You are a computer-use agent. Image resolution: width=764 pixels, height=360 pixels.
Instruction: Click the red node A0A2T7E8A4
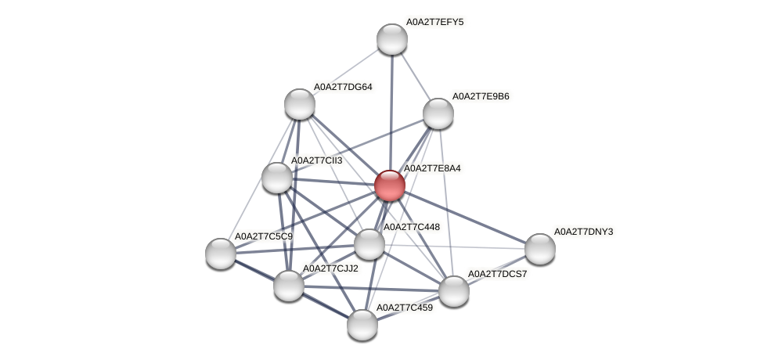(x=389, y=185)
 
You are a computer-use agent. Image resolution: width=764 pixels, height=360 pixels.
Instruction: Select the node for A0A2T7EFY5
(x=391, y=39)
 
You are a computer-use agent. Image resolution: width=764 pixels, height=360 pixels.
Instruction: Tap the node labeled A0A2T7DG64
(x=299, y=104)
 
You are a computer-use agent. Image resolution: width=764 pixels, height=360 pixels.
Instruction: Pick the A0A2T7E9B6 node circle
(x=438, y=113)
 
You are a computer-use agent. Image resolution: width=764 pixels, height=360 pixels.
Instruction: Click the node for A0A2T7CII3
(x=276, y=178)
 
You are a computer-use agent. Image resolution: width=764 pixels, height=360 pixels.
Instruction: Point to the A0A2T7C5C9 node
(x=221, y=253)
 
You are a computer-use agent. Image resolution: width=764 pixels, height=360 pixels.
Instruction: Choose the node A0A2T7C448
(x=369, y=244)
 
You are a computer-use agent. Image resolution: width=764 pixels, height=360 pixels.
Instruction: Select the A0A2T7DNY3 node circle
(x=539, y=249)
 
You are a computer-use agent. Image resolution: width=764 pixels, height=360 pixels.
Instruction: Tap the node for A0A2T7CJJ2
(x=288, y=285)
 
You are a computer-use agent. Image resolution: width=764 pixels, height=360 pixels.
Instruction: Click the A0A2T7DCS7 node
(x=453, y=291)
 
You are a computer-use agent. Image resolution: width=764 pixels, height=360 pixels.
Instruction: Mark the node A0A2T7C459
(x=362, y=325)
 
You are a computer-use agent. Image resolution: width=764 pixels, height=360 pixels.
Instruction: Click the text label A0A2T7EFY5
(x=434, y=22)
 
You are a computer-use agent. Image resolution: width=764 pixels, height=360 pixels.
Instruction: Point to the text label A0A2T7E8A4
(x=431, y=168)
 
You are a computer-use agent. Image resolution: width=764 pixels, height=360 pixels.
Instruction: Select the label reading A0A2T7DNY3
(x=583, y=232)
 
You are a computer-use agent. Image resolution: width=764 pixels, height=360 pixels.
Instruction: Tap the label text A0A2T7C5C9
(x=264, y=236)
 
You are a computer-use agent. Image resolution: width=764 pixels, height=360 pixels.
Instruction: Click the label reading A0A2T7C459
(x=404, y=308)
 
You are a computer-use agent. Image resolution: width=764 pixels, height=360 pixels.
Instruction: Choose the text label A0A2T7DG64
(x=343, y=87)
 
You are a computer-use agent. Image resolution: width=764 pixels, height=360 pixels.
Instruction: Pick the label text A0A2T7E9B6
(x=481, y=96)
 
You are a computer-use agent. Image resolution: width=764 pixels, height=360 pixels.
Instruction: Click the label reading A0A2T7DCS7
(x=497, y=274)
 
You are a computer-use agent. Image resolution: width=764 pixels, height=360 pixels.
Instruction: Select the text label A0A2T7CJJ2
(x=330, y=268)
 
